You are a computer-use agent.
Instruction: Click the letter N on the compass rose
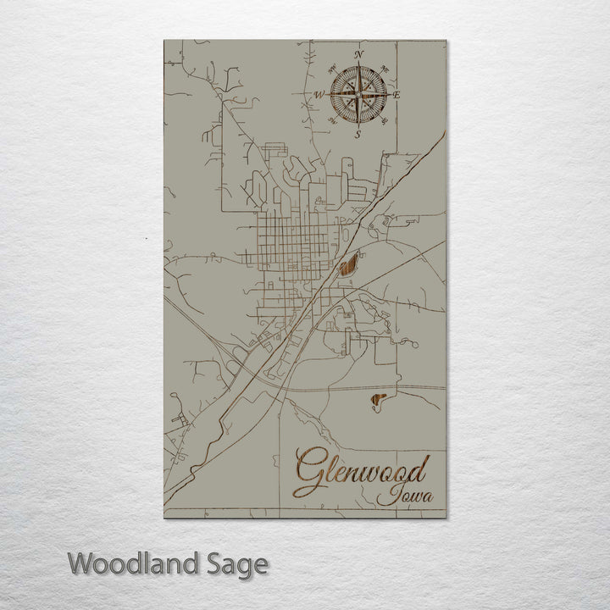click(x=358, y=55)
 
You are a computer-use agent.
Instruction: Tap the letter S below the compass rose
click(x=358, y=134)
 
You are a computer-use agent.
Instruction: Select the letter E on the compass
click(x=396, y=95)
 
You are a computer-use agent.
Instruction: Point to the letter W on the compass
click(x=319, y=95)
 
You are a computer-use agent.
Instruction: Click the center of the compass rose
click(x=358, y=95)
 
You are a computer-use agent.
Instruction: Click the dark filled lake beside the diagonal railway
click(x=348, y=268)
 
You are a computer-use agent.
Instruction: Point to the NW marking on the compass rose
click(x=331, y=68)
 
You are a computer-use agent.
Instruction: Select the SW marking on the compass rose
click(x=331, y=121)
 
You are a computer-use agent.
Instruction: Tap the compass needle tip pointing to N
click(x=358, y=67)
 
